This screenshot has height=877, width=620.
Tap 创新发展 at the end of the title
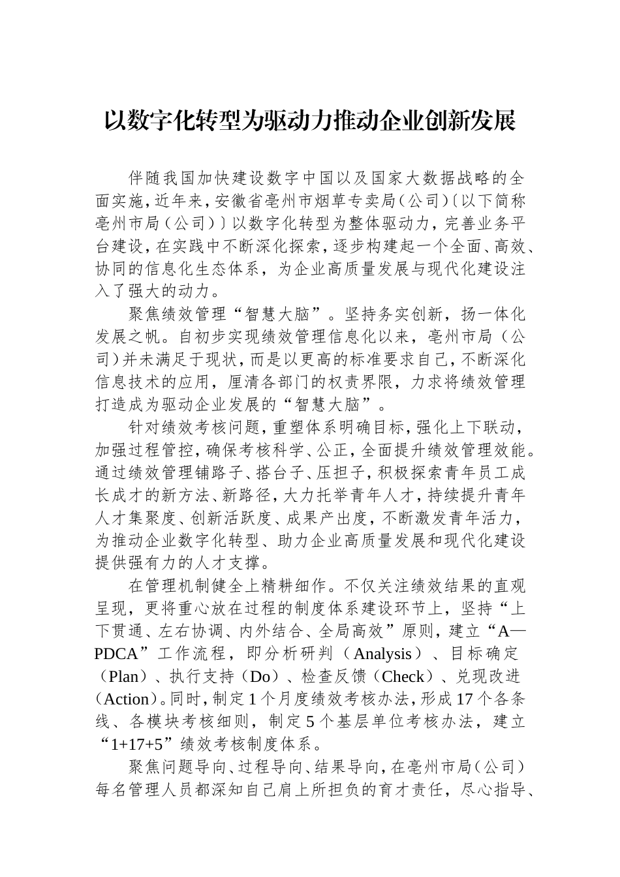coord(470,121)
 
